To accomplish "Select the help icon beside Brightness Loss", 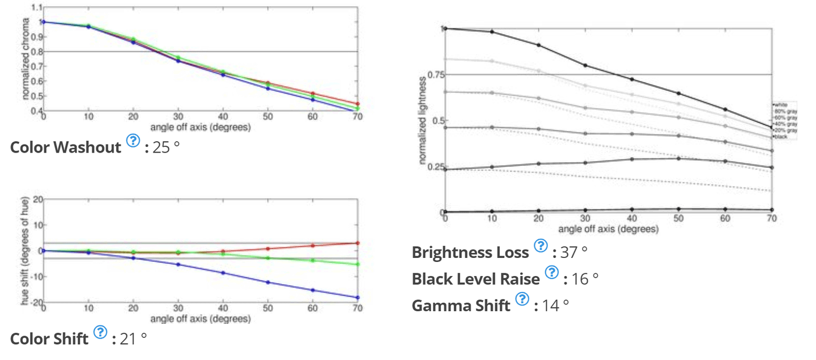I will [541, 246].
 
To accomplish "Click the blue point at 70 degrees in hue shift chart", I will [357, 298].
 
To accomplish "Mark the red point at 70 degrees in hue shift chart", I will [357, 243].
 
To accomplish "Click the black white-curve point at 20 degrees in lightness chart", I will [538, 45].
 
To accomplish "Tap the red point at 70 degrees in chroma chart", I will [357, 104].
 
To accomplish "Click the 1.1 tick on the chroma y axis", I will [37, 7].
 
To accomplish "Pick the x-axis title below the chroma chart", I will [200, 128].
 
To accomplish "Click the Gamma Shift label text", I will [461, 306].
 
